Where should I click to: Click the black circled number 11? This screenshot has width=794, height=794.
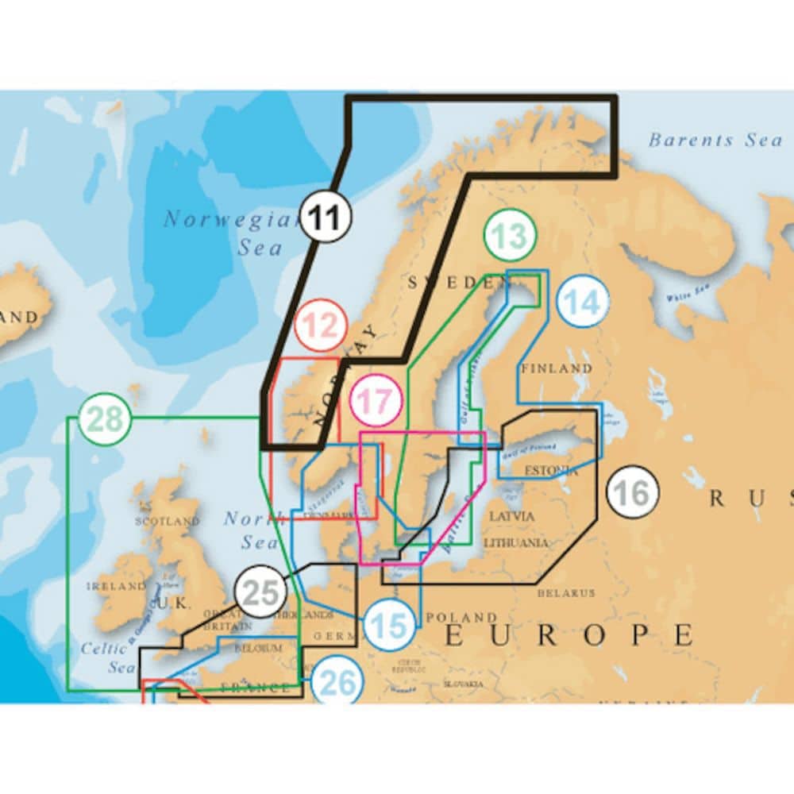click(326, 218)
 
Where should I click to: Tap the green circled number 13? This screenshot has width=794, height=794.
click(510, 236)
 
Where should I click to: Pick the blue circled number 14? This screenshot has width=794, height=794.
click(584, 301)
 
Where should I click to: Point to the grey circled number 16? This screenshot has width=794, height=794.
click(632, 492)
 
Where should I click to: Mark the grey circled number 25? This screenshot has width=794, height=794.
click(260, 592)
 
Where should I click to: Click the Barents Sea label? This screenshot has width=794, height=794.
click(715, 141)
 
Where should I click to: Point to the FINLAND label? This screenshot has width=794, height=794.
click(557, 368)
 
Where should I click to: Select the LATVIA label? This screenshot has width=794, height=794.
click(512, 516)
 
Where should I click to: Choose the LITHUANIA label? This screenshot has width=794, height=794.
click(516, 543)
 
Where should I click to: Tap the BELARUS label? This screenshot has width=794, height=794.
click(566, 593)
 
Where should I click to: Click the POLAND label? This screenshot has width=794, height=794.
click(461, 617)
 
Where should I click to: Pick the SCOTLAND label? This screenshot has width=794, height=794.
click(168, 522)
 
